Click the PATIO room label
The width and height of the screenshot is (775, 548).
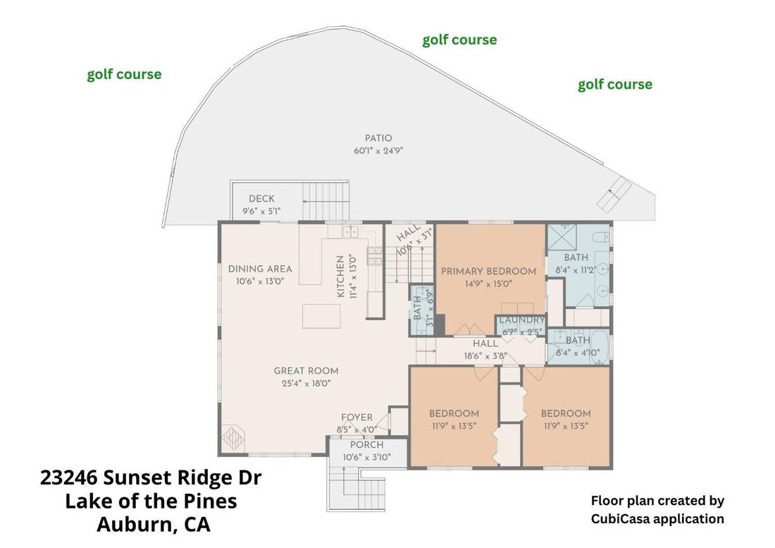pyautogui.click(x=378, y=138)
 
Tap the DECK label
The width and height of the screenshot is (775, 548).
pyautogui.click(x=261, y=199)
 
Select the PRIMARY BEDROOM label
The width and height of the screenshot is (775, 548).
pyautogui.click(x=488, y=271)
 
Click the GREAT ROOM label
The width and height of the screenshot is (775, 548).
pyautogui.click(x=306, y=371)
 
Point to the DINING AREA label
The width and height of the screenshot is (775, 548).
pyautogui.click(x=260, y=269)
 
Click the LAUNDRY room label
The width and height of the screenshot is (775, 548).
pyautogui.click(x=522, y=320)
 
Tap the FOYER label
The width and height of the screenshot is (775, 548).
pyautogui.click(x=357, y=418)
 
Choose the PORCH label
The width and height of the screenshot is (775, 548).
pyautogui.click(x=367, y=445)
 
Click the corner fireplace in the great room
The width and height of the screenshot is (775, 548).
pyautogui.click(x=232, y=438)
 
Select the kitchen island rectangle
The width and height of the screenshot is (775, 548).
pyautogui.click(x=321, y=316)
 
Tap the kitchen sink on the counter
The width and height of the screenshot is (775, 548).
pyautogui.click(x=351, y=231)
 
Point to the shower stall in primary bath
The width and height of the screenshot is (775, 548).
pyautogui.click(x=562, y=238)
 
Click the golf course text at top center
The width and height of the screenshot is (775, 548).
pyautogui.click(x=459, y=40)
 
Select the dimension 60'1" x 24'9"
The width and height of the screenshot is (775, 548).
pyautogui.click(x=378, y=151)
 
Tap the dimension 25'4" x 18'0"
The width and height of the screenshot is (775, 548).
pyautogui.click(x=306, y=383)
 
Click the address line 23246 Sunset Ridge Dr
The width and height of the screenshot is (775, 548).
pyautogui.click(x=151, y=478)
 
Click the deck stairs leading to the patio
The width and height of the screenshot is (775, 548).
pyautogui.click(x=325, y=201)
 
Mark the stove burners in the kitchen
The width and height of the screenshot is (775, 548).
pyautogui.click(x=374, y=256)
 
